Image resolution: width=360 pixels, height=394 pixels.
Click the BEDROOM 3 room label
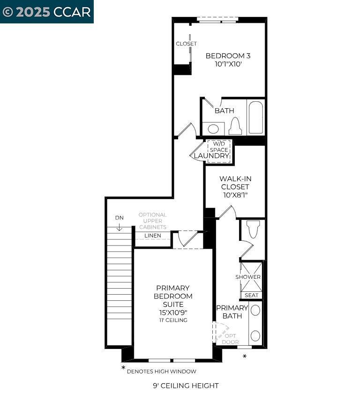tap(228, 56)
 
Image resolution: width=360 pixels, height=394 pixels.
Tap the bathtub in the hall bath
tap(256, 117)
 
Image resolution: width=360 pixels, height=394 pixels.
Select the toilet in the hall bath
tap(235, 126)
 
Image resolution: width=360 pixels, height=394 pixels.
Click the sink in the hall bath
tap(213, 129)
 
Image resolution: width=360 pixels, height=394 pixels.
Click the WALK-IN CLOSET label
tap(235, 186)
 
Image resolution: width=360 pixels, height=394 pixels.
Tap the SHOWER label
tap(248, 277)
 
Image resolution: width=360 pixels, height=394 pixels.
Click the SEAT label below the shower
tap(251, 295)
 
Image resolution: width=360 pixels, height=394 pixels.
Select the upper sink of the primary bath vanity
tap(255, 310)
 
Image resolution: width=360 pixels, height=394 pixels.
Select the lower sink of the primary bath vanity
tap(255, 335)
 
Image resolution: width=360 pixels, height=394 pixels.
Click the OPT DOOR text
tap(230, 339)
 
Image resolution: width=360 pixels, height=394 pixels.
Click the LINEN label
tap(152, 236)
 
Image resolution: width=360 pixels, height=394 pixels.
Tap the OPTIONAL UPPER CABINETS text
tap(152, 221)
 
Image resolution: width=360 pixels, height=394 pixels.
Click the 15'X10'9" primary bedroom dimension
tap(173, 312)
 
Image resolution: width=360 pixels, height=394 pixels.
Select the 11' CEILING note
tap(173, 320)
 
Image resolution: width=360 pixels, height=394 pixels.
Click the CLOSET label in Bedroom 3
tap(186, 44)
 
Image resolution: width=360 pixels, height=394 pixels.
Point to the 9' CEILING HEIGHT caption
tap(186, 386)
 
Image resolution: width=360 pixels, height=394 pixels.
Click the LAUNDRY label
tap(211, 156)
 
